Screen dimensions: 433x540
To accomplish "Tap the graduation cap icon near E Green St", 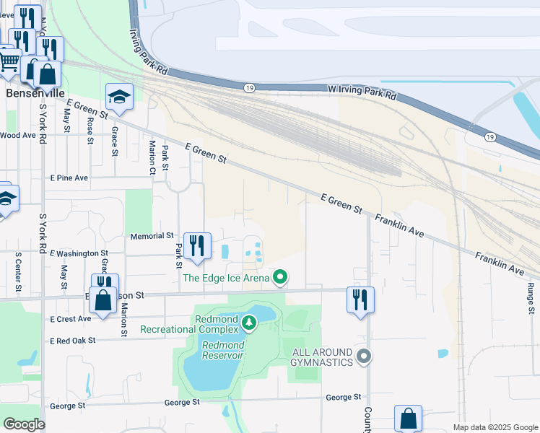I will (119, 97).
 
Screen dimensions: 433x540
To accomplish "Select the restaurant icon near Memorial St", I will (196, 246).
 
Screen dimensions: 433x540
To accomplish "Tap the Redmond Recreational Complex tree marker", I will (249, 322).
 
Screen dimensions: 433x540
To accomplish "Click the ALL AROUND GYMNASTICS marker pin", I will (364, 356).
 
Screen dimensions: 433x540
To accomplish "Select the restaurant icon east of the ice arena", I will (360, 297).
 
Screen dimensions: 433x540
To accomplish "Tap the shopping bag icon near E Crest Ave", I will (103, 300).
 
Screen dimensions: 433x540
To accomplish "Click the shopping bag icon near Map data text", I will (408, 418).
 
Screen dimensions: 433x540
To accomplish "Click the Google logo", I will (24, 424).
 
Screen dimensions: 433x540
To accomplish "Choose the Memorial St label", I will (152, 236).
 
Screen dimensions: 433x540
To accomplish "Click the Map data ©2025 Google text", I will (495, 427).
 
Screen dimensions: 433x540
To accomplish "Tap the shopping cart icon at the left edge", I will (7, 61).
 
